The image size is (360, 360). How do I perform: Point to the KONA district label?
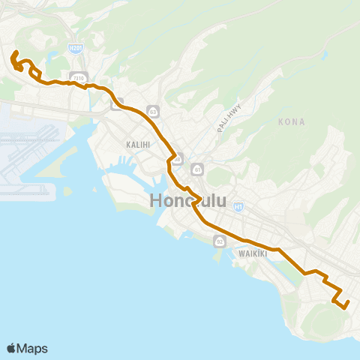click(x=291, y=121)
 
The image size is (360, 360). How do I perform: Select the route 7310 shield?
click(x=77, y=76)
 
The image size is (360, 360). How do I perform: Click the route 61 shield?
click(x=196, y=169)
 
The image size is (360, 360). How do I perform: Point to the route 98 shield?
click(x=177, y=159)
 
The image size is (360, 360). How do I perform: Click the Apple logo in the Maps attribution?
click(x=12, y=348)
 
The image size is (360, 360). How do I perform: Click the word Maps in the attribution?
click(x=33, y=348)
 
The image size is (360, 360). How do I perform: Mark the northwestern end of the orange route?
click(x=15, y=52)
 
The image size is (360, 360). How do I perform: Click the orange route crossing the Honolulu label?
click(x=193, y=202)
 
